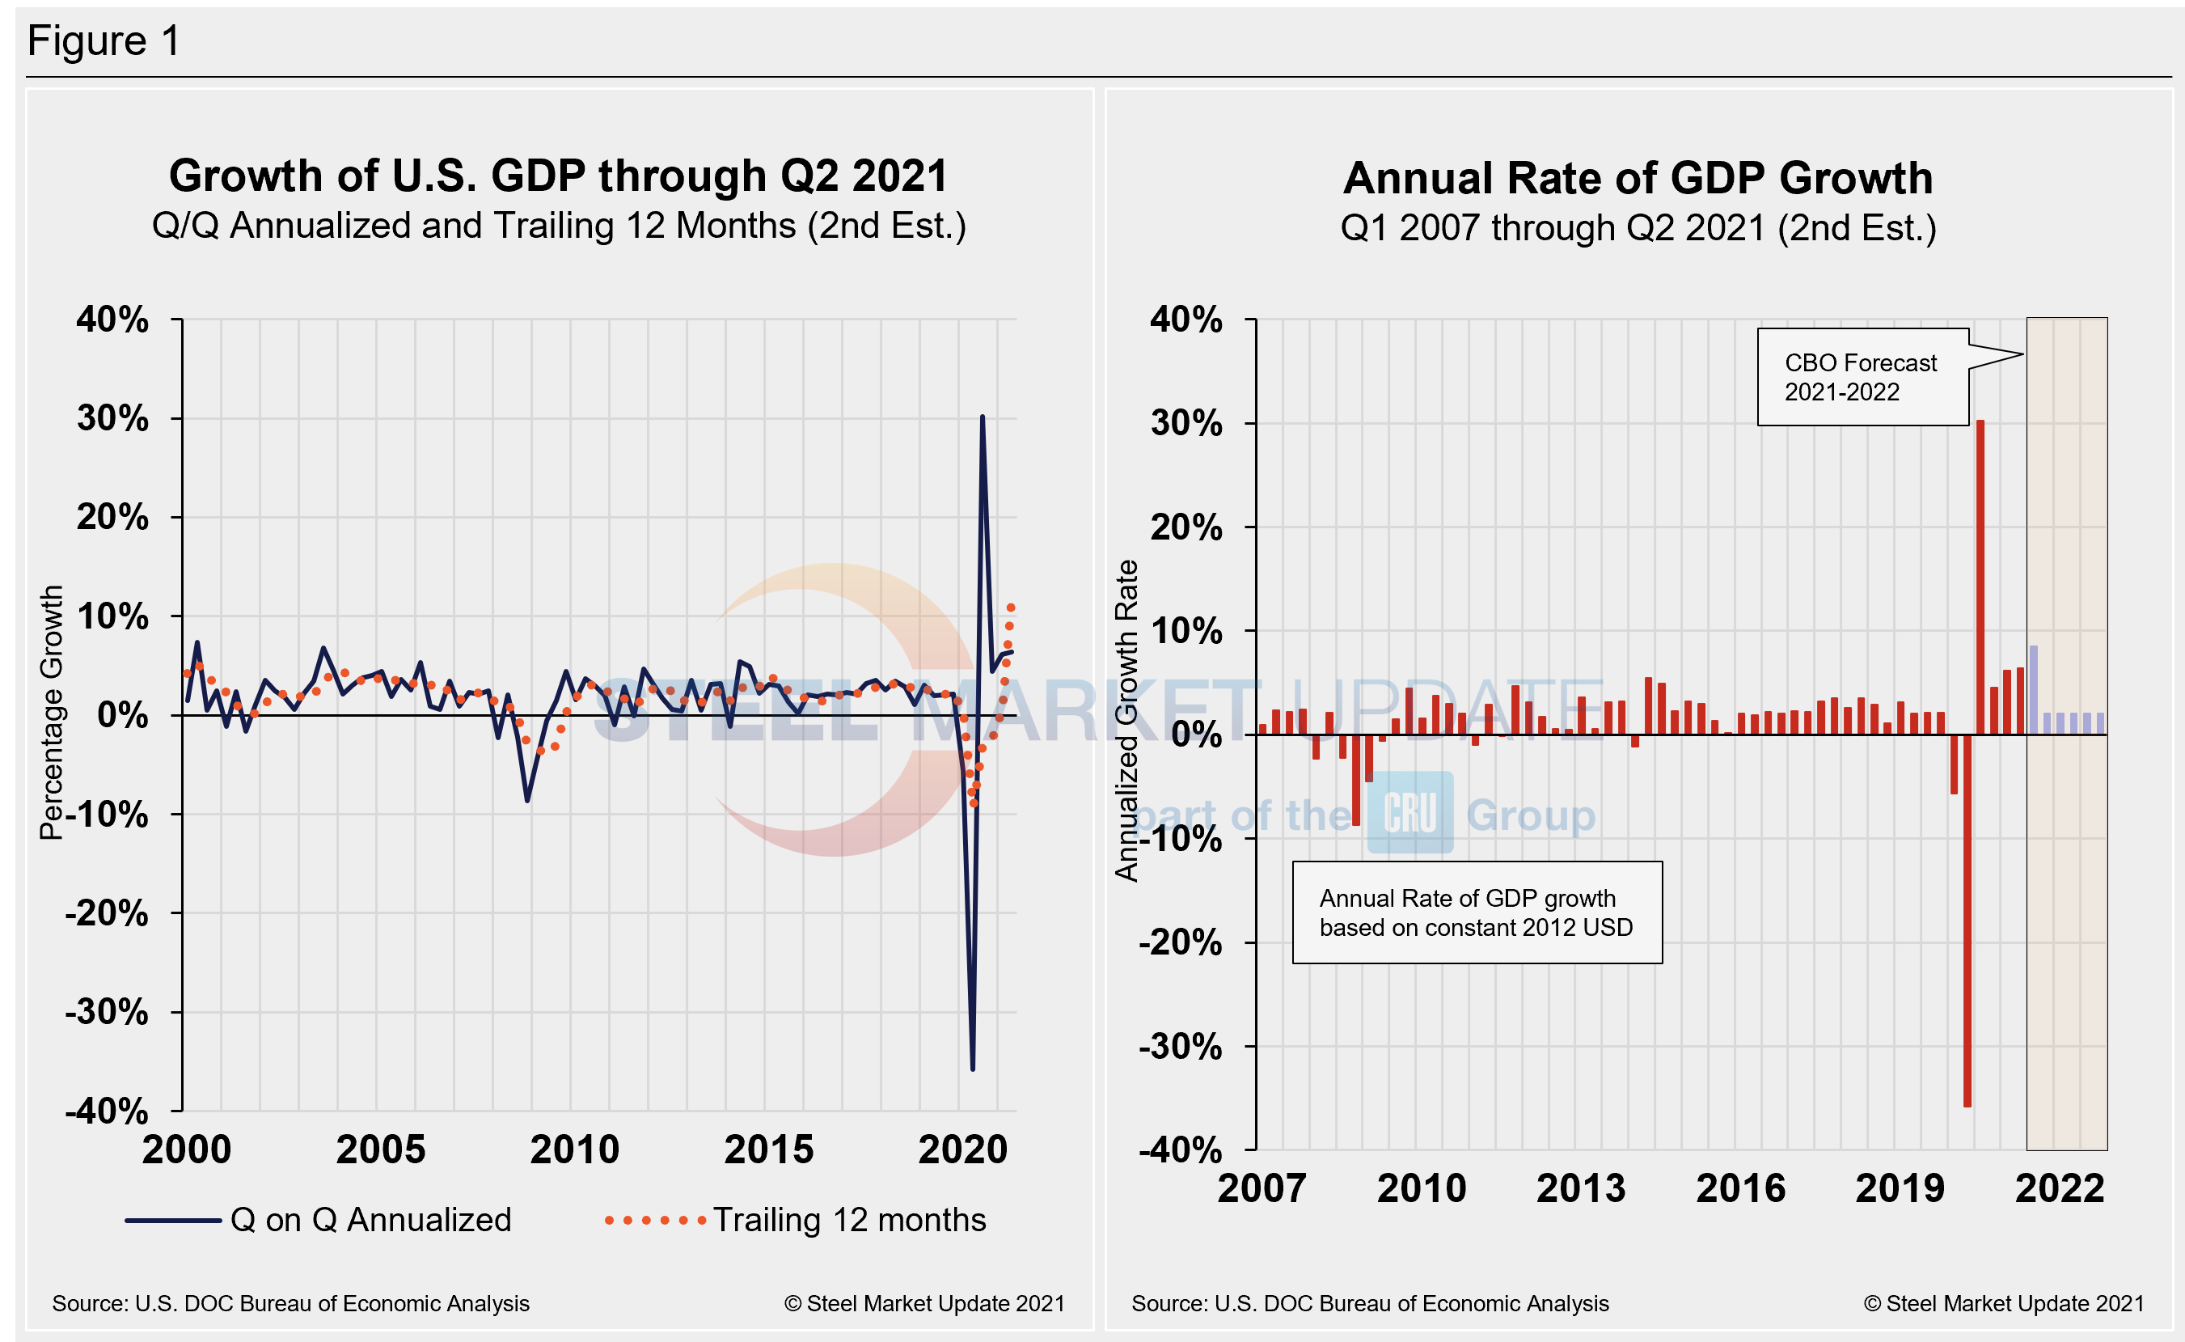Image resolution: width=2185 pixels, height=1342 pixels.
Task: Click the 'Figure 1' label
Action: coord(104,40)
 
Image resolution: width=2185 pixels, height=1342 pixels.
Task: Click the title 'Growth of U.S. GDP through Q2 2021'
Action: coord(558,176)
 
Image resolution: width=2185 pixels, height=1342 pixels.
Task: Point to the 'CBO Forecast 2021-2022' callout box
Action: coord(1862,377)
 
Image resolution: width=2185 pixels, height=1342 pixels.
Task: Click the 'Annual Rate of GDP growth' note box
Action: coord(1476,912)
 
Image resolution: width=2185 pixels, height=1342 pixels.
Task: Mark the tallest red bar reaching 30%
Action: coord(1980,577)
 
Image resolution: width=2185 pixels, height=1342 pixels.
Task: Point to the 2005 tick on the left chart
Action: coord(381,1149)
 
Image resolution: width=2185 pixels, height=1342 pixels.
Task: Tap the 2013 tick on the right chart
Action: coord(1581,1188)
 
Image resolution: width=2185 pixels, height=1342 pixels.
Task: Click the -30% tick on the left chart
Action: coord(108,1012)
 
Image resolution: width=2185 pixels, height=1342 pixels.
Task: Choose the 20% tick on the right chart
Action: coord(1186,527)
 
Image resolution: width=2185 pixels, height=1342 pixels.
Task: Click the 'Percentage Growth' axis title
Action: coord(52,712)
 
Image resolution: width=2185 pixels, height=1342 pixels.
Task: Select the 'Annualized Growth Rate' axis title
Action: coord(1126,720)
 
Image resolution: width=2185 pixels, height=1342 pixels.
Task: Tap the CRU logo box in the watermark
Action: coord(1409,812)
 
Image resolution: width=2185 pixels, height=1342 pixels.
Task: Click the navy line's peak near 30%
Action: coord(982,417)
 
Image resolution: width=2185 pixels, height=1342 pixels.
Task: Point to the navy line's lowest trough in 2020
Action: coord(972,1069)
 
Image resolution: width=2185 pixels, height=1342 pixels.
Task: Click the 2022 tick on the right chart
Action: coord(2059,1188)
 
